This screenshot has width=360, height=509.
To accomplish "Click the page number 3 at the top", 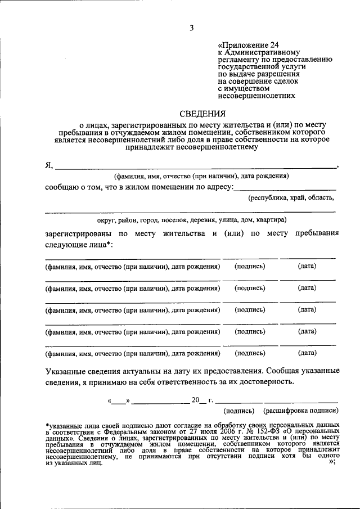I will click(191, 28).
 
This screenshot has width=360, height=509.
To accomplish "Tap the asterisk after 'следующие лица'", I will click(110, 245).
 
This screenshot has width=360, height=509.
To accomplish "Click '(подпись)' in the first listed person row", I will click(250, 266).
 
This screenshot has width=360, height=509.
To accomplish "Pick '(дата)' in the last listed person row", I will click(307, 353).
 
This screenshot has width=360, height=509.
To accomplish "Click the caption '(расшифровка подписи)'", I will click(300, 411).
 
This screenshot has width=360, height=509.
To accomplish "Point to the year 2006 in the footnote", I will click(226, 431).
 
